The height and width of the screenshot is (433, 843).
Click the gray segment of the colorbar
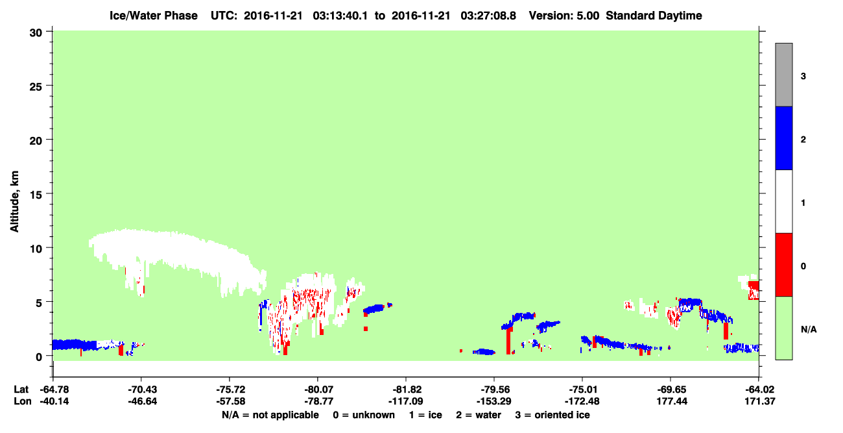click(x=783, y=75)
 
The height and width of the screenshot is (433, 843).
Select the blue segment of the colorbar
click(x=783, y=138)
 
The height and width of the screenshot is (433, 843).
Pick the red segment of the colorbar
click(x=783, y=265)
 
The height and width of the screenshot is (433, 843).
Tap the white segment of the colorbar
click(x=783, y=201)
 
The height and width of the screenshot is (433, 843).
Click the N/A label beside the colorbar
click(x=809, y=329)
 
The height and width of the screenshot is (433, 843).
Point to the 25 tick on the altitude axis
click(x=36, y=86)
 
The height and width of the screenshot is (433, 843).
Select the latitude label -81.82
click(x=406, y=390)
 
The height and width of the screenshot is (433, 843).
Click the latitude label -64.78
click(x=54, y=390)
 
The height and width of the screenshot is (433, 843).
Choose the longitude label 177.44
click(x=672, y=401)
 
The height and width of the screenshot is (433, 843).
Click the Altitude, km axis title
click(x=14, y=201)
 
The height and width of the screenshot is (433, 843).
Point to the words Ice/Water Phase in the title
click(x=154, y=16)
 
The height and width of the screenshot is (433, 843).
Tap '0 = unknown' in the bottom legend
click(x=364, y=415)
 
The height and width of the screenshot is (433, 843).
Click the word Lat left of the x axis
click(x=21, y=390)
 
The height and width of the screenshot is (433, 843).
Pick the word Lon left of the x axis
click(x=23, y=401)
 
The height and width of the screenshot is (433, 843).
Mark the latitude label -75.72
click(x=231, y=390)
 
